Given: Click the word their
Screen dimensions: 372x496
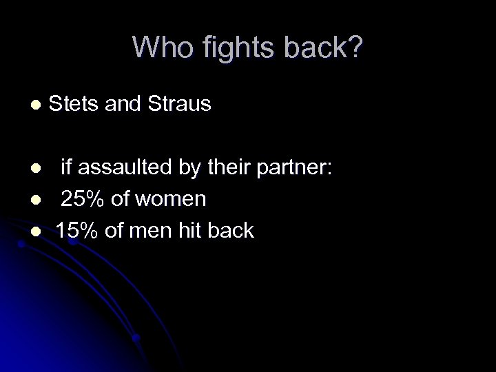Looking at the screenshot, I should pyautogui.click(x=229, y=167).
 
